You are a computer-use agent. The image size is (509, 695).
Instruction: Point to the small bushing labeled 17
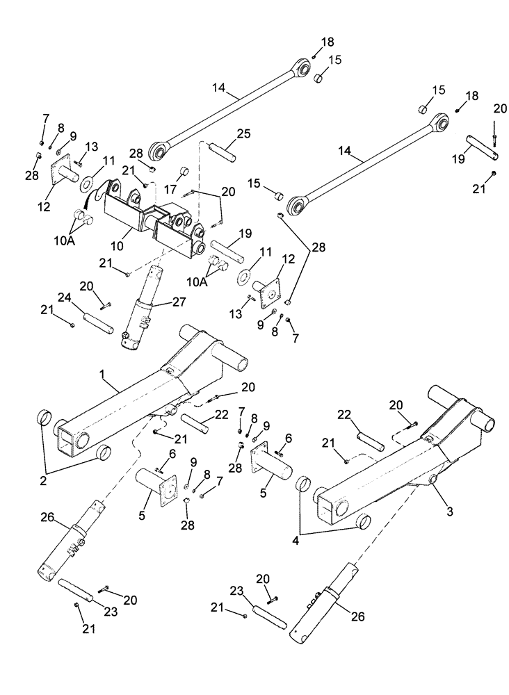pos(186,172)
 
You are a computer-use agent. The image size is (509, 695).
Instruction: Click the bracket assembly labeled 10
pos(153,215)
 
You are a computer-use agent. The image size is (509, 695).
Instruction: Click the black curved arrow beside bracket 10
pos(92,195)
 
